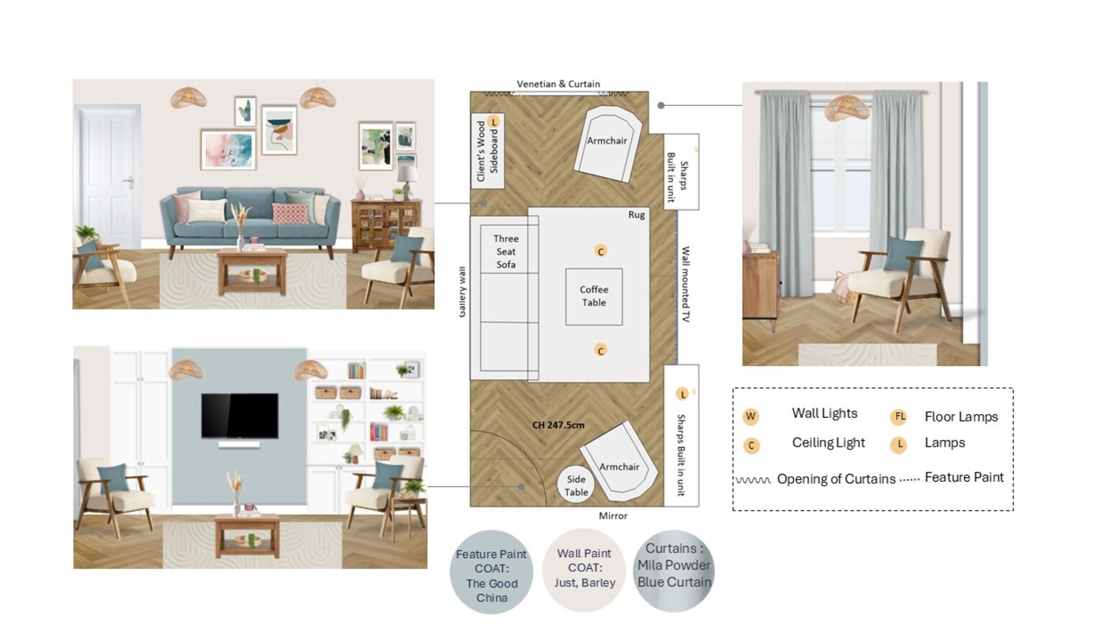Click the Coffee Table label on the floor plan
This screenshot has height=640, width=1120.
click(594, 296)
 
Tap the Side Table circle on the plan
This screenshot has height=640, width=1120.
click(576, 485)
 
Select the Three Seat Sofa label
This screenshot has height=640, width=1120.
click(505, 251)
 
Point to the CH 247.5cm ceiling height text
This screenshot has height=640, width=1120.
click(558, 425)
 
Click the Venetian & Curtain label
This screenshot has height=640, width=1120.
click(558, 84)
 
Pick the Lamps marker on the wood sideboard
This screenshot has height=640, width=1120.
click(494, 122)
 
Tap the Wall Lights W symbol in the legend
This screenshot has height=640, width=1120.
click(751, 416)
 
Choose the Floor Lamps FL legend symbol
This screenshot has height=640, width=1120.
click(899, 416)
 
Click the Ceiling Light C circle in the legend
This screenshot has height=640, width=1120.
click(751, 446)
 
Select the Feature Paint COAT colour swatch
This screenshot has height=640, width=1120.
click(491, 572)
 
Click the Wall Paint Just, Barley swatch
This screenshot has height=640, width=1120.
click(584, 570)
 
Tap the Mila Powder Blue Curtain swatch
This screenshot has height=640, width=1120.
click(674, 571)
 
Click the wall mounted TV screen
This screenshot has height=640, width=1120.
click(240, 415)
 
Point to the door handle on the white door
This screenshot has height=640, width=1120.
click(130, 181)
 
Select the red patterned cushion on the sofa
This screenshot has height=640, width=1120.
click(290, 214)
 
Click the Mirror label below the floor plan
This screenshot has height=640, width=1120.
click(613, 516)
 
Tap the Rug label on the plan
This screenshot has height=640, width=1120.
click(636, 215)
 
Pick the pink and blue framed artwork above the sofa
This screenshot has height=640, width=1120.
click(228, 150)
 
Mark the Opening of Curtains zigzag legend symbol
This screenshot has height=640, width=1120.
click(753, 480)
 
